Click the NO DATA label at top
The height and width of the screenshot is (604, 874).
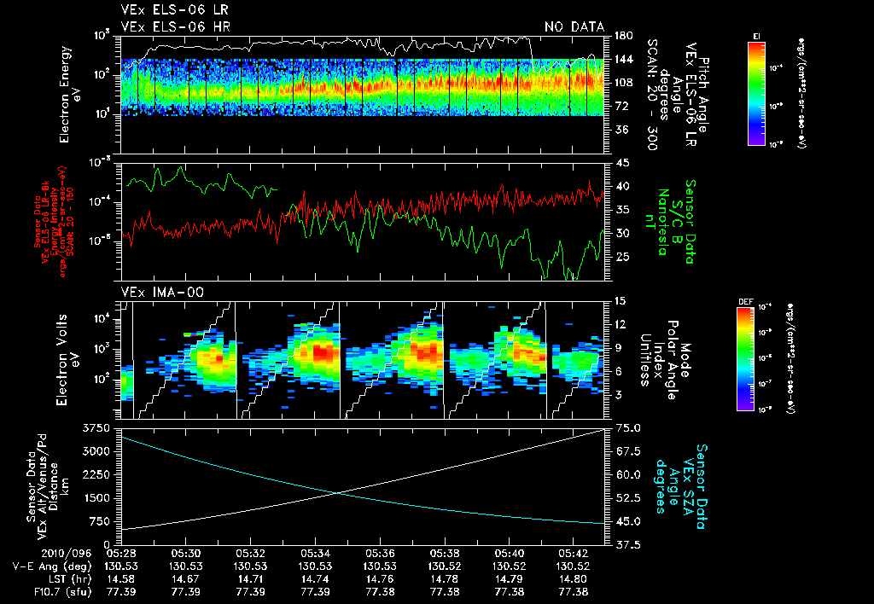coord(574,26)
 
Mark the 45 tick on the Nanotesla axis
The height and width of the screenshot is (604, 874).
coord(621,162)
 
